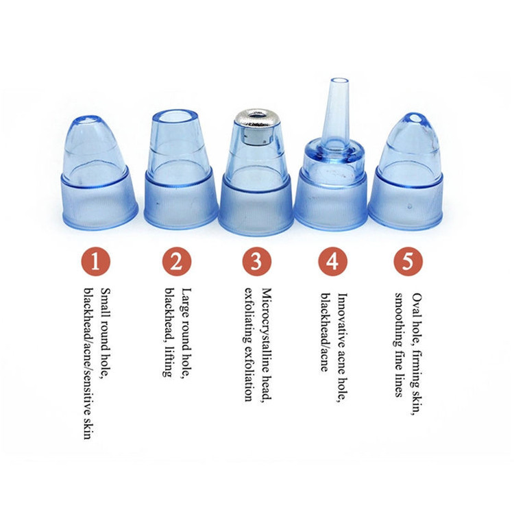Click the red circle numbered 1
point(95,262)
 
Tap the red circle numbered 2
point(176,262)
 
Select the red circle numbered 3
point(257,262)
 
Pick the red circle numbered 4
point(332,262)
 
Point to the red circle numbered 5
point(408,262)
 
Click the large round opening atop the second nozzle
point(175,117)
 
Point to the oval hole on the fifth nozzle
point(415,118)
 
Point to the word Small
point(105,302)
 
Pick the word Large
point(186,302)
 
